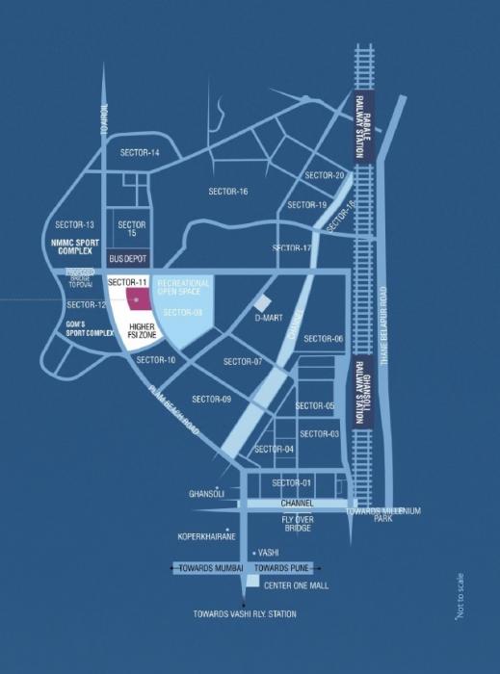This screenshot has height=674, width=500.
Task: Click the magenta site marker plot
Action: point(136,301)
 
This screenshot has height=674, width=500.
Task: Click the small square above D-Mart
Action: point(263,301)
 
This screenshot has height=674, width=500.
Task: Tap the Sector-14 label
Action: point(140,153)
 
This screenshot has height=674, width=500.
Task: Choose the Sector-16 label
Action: point(228,192)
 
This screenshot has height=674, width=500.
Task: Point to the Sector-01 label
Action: point(292,482)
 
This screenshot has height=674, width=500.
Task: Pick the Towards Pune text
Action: point(292,568)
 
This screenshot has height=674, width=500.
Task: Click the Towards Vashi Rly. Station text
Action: point(245,614)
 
